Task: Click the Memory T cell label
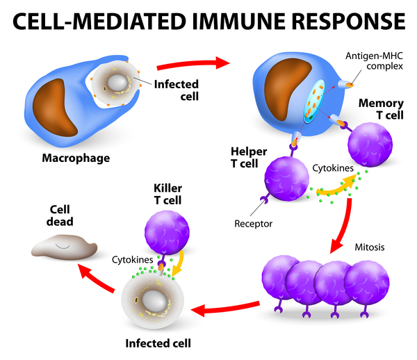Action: click(x=380, y=109)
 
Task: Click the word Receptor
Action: click(x=253, y=224)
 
